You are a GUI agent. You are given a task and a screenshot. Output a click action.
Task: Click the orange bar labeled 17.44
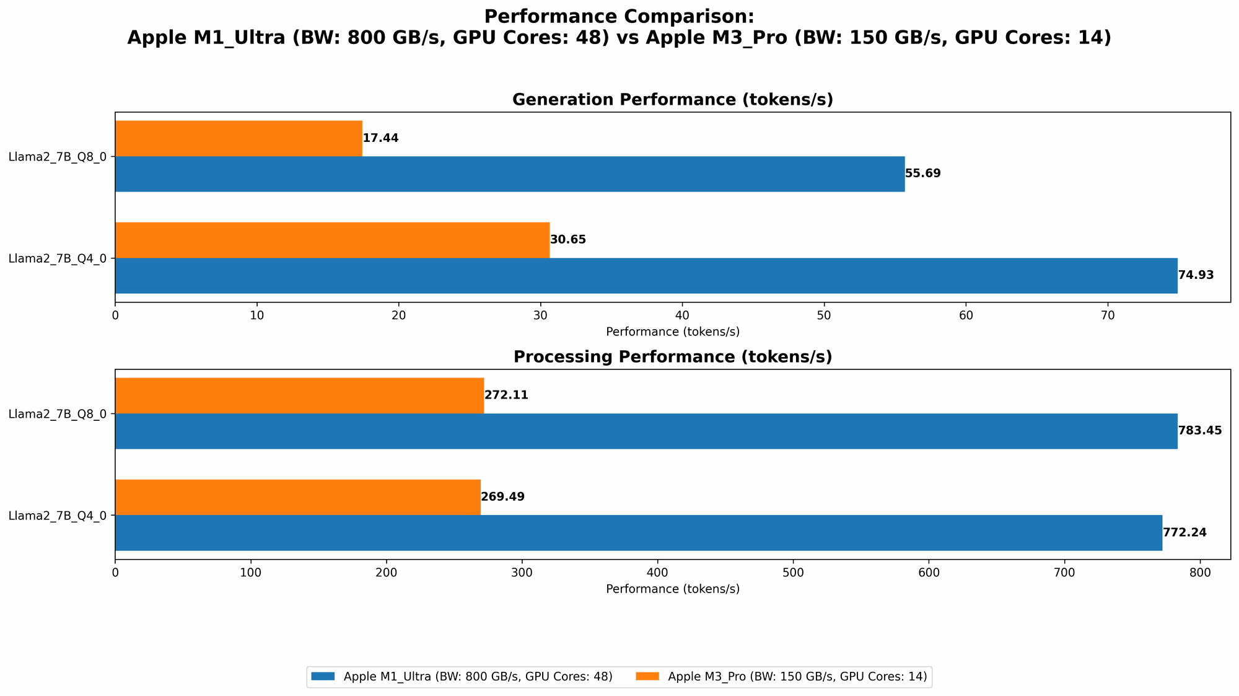click(239, 138)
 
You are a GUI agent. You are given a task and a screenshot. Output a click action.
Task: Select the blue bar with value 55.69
click(509, 174)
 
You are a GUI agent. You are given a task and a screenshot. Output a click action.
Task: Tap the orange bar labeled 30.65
click(332, 240)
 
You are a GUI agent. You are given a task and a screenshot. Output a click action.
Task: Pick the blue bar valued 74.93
click(646, 275)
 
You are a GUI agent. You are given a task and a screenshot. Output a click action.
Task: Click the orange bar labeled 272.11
click(299, 395)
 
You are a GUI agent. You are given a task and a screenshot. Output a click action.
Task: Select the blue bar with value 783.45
click(646, 431)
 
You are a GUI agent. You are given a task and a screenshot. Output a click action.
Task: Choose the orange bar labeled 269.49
click(297, 497)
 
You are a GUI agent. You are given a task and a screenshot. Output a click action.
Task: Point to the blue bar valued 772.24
click(638, 532)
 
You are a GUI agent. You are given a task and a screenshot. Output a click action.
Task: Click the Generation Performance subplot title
click(672, 100)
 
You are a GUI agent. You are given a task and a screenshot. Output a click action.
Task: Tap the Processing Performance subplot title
click(672, 357)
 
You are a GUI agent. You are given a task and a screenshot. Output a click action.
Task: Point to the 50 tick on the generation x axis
click(824, 315)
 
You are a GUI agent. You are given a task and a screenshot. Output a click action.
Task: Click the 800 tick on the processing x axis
click(1200, 573)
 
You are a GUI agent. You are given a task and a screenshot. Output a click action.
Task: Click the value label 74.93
click(1196, 275)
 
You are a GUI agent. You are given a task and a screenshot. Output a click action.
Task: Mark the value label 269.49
click(502, 497)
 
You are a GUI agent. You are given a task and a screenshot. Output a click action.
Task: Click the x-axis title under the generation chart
click(672, 332)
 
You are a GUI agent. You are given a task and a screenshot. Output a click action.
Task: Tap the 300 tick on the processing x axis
click(522, 573)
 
